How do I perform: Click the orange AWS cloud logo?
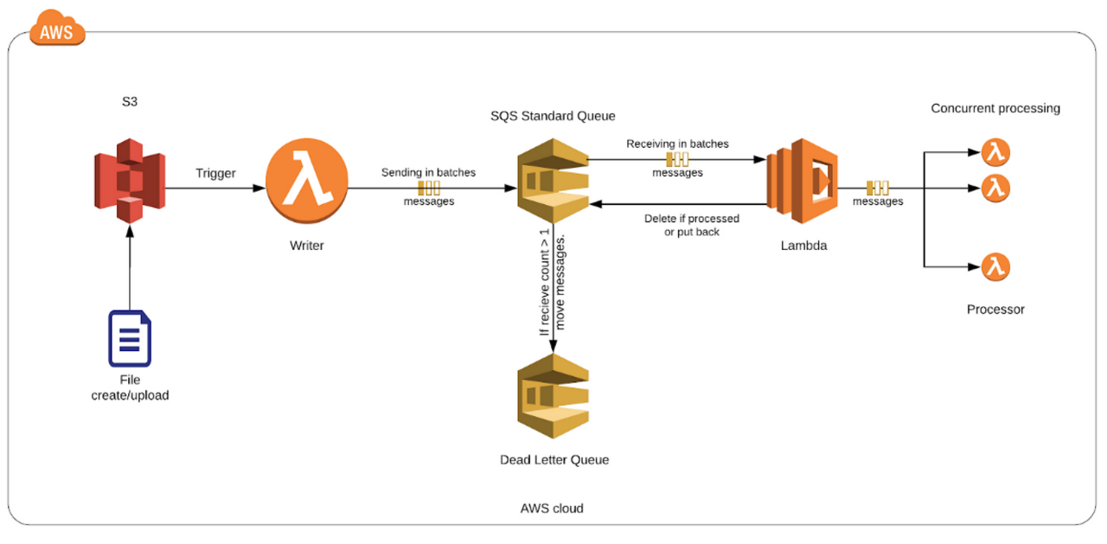(58, 30)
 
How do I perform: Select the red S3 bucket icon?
(129, 179)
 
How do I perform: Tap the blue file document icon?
(130, 338)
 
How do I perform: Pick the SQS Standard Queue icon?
(552, 180)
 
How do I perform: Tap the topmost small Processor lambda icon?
(996, 153)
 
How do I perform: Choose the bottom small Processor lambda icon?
(996, 267)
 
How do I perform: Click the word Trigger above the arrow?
(215, 173)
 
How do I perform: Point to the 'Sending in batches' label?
(428, 172)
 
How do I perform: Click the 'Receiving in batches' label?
(677, 144)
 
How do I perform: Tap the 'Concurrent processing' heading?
(995, 108)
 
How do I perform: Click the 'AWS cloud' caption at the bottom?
(552, 509)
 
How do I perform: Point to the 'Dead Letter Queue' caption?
(553, 460)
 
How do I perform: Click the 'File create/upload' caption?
(130, 387)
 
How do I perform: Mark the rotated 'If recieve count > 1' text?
(544, 284)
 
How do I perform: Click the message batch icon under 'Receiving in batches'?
(676, 159)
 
